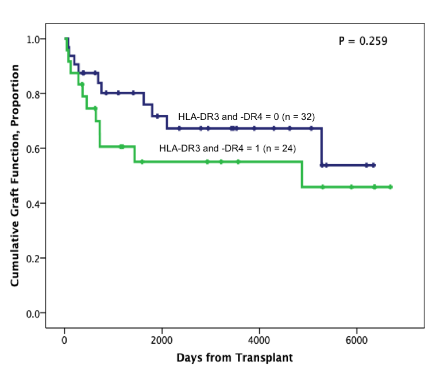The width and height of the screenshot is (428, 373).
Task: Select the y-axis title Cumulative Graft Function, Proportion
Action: [x=17, y=176]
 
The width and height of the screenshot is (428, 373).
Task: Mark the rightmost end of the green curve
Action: [x=391, y=187]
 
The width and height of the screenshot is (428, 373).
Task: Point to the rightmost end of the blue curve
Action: [x=375, y=165]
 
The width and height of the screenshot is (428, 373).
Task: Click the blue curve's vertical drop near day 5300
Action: [x=321, y=147]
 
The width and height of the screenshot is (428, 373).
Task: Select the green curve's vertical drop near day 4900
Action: [x=302, y=174]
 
